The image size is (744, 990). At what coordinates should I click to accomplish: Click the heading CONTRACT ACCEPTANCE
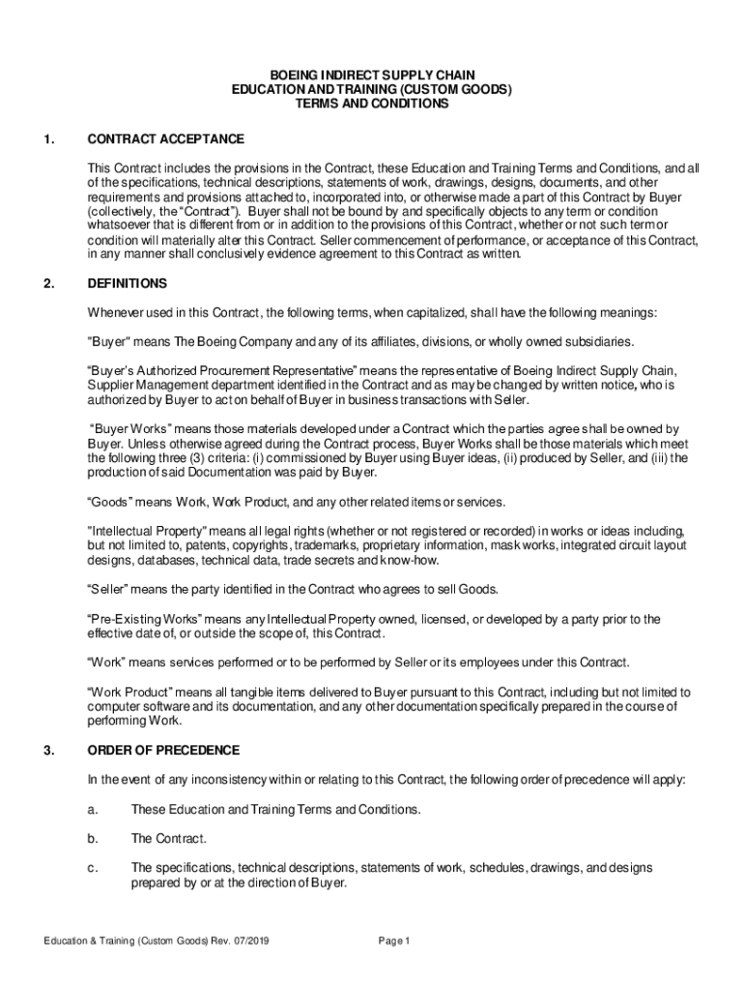(x=165, y=139)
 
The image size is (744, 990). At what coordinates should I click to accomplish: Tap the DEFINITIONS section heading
(x=128, y=284)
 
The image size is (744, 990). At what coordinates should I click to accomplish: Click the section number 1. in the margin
(x=48, y=139)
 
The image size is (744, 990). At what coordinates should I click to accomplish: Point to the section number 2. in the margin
(x=48, y=284)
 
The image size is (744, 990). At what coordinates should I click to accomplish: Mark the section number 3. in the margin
(x=48, y=750)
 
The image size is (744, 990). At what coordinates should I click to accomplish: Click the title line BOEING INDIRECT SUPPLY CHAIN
(x=372, y=74)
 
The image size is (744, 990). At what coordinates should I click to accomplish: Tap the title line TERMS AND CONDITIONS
(x=372, y=104)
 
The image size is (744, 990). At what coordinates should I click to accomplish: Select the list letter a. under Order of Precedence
(x=93, y=809)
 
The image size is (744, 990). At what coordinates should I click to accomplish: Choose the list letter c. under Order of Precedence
(x=93, y=867)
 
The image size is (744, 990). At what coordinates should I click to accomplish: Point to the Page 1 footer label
(x=395, y=942)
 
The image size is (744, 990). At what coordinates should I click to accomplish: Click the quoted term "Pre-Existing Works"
(x=146, y=619)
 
